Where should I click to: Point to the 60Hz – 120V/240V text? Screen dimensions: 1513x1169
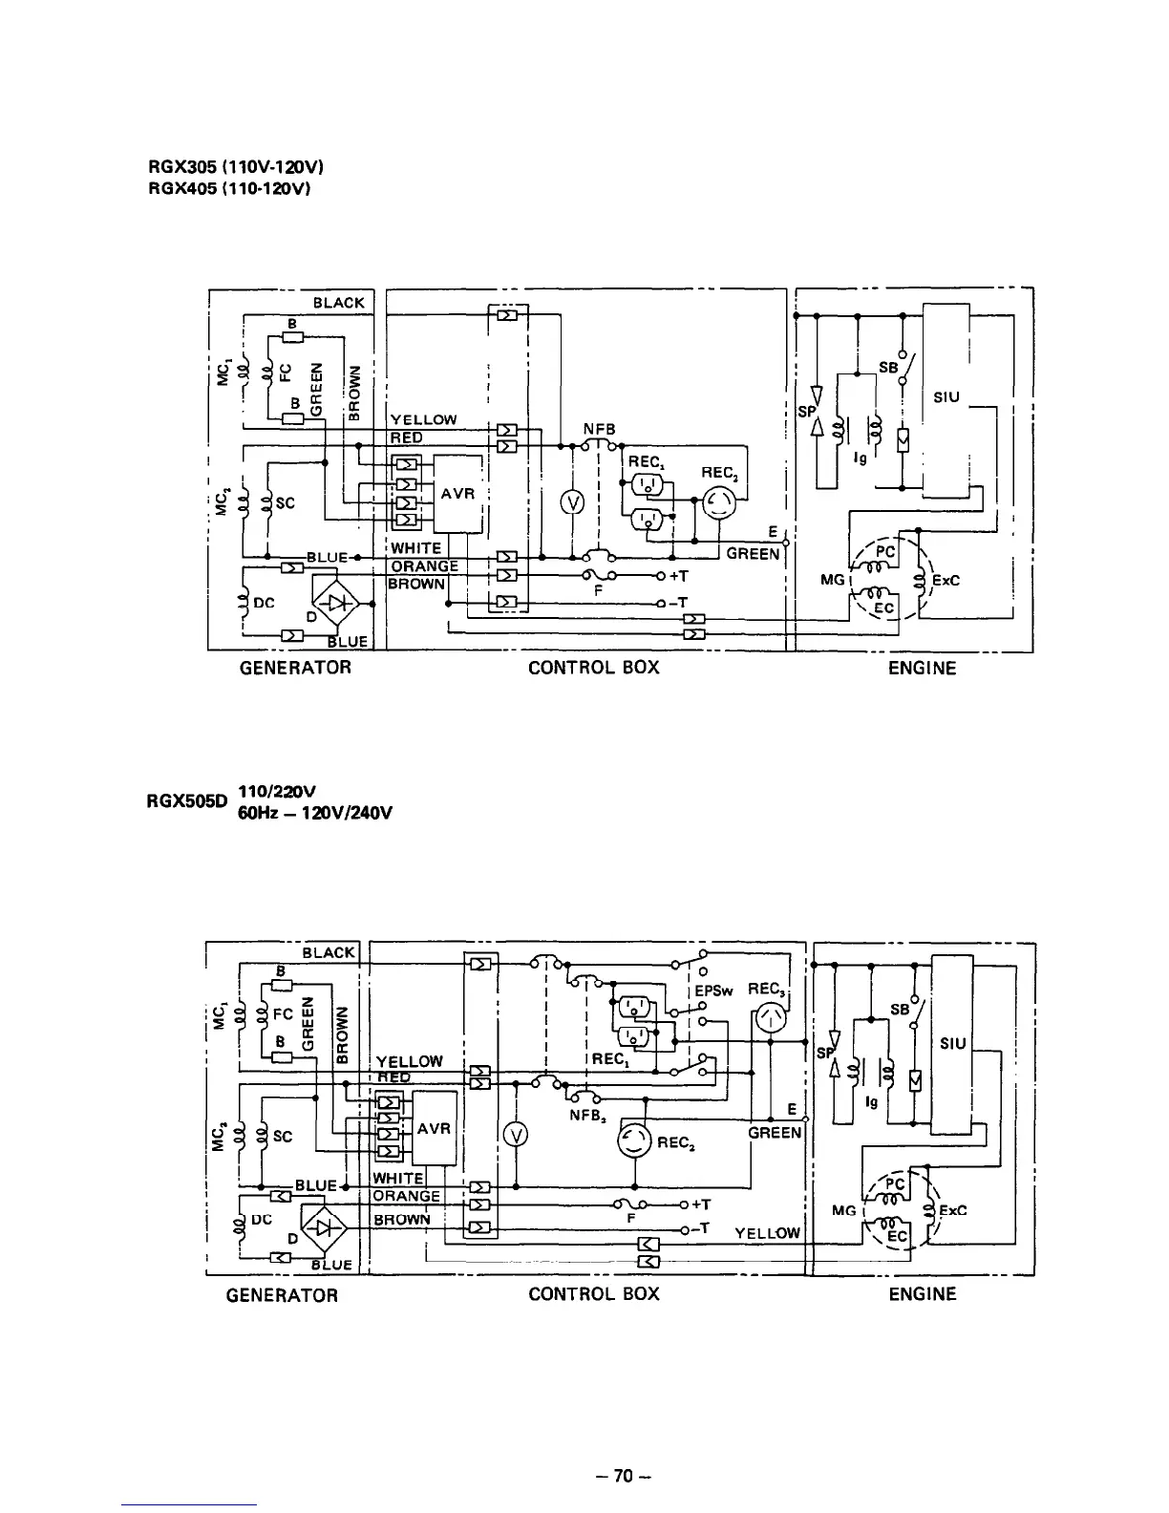(x=315, y=813)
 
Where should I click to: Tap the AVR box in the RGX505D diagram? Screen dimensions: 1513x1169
(x=435, y=1128)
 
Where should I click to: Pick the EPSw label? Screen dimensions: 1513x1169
(x=713, y=991)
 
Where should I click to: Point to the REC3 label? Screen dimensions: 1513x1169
(x=766, y=990)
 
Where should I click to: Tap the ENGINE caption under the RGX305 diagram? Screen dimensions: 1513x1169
(x=922, y=669)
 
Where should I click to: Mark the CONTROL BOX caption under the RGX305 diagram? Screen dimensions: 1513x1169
(x=593, y=668)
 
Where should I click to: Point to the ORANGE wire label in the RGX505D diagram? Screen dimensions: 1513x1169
(x=406, y=1196)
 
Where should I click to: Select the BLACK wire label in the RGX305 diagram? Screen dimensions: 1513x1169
(x=339, y=303)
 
